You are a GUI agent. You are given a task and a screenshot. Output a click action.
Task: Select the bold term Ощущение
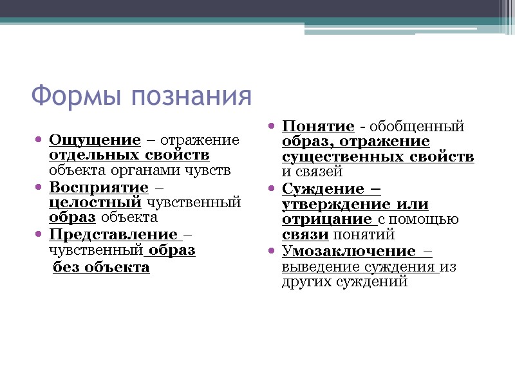(x=95, y=140)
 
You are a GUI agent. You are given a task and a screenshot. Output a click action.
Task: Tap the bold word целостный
(x=95, y=203)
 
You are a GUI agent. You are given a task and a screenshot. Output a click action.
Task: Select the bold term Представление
(x=113, y=234)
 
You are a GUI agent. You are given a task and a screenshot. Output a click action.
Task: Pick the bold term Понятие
(x=318, y=126)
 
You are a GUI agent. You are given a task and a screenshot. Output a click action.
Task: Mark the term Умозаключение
(x=348, y=250)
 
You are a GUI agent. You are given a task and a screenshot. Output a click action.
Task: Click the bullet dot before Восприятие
(x=39, y=188)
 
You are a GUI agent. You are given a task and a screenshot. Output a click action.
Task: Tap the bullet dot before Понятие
(x=272, y=127)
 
